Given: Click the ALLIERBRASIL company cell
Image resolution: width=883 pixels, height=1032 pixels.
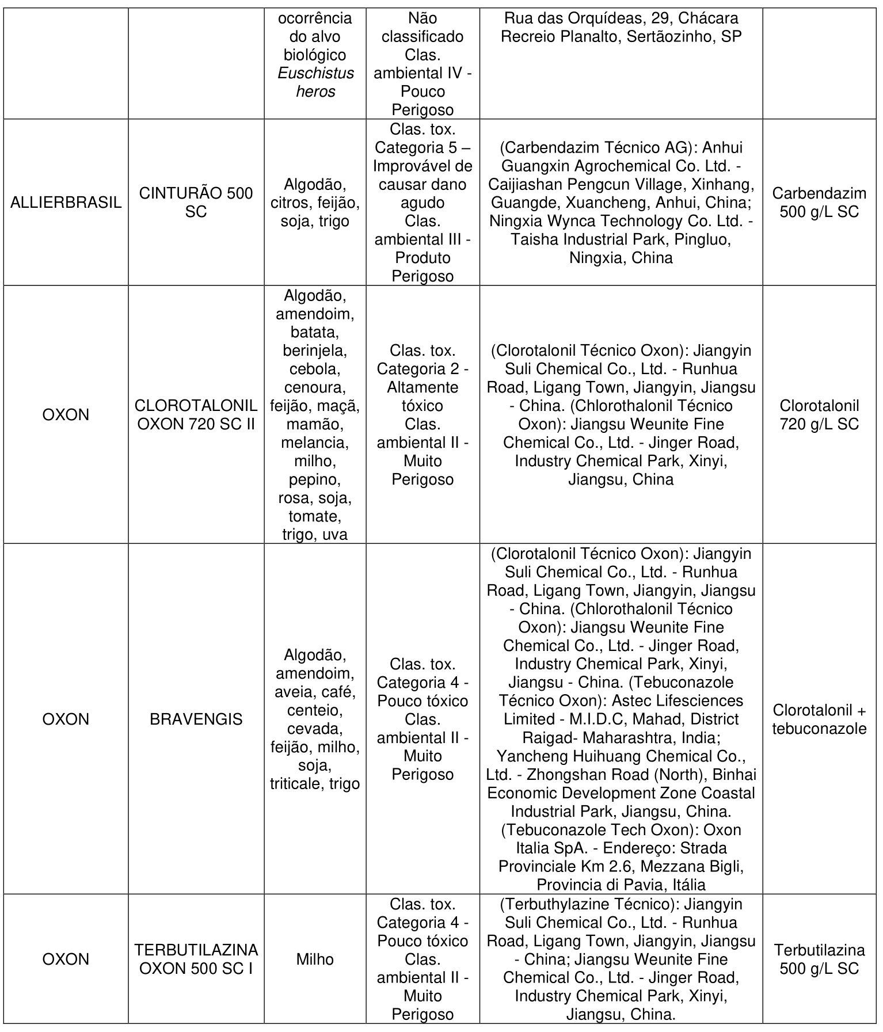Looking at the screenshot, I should pos(66,203).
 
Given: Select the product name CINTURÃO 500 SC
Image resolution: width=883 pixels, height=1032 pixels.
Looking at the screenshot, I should pos(196,203).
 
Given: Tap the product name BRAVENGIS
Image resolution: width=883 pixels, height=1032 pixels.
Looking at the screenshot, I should pos(196,719).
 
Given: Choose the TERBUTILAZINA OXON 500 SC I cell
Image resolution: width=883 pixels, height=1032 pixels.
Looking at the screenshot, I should pos(196,959).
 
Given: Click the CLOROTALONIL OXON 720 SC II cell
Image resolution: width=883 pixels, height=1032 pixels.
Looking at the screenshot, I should pos(196,415).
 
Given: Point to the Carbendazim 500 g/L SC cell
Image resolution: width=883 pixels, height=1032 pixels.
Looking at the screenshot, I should pos(819,203).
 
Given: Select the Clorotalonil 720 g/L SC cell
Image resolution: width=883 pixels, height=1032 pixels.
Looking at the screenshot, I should pos(819,415).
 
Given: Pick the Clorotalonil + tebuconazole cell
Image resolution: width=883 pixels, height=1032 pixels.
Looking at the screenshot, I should pos(819,719).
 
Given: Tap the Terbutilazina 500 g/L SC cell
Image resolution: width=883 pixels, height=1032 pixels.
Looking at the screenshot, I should pos(819,959).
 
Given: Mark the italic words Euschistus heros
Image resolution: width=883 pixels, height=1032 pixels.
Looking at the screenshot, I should pos(315,82).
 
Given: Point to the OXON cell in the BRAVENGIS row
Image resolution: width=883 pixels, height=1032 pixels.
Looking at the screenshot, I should pos(66,719).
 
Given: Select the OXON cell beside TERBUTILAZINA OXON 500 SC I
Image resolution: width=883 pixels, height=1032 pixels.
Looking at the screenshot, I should pos(66,959).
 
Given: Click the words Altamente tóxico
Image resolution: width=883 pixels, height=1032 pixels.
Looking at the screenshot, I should pos(423,397).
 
